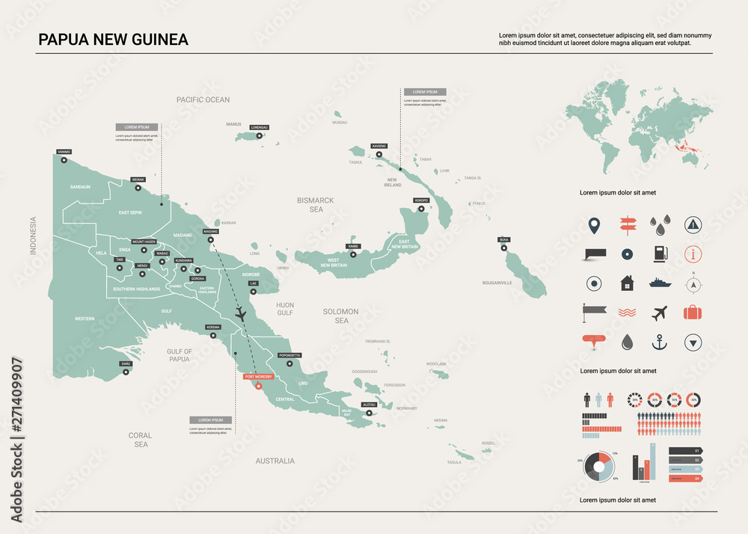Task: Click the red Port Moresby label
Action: tap(259, 376)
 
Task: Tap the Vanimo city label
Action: tap(64, 152)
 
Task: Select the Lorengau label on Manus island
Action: tap(259, 127)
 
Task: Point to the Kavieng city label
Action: tap(378, 145)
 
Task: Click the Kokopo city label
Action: tap(420, 200)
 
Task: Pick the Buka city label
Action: tap(503, 239)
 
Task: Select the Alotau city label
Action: tap(369, 404)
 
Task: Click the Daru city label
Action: tap(126, 364)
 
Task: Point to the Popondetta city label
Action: tap(289, 355)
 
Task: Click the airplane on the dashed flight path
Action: tap(241, 314)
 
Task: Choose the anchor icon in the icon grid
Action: tap(659, 342)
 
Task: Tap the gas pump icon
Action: tap(659, 254)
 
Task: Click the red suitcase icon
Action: tap(693, 313)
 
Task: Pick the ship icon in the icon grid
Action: tap(659, 283)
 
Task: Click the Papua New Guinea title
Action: tap(113, 39)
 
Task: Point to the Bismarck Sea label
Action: tap(315, 205)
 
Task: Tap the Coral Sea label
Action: tap(140, 440)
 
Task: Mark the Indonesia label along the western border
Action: tap(33, 236)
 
